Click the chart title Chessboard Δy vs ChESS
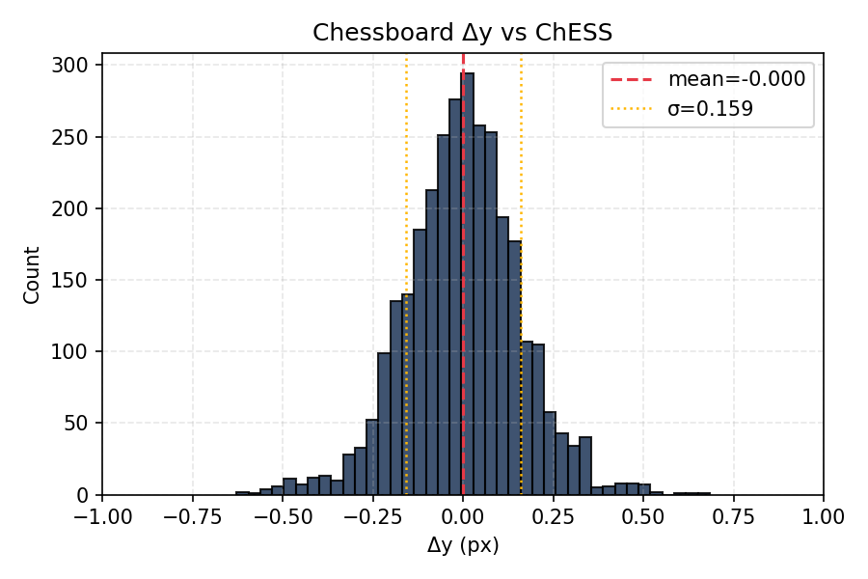click(x=462, y=33)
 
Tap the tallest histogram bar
click(x=468, y=289)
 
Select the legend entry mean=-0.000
click(x=736, y=79)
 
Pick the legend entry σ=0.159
click(x=710, y=109)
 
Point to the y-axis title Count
click(x=33, y=275)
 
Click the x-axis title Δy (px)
click(x=463, y=546)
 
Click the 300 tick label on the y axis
click(x=75, y=66)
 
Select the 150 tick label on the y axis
click(x=75, y=281)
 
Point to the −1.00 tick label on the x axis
click(x=102, y=517)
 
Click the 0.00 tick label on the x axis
click(x=463, y=517)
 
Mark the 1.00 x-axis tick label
click(x=824, y=517)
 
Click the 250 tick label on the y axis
click(x=75, y=137)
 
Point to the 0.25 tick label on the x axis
click(x=554, y=517)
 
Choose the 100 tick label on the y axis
click(x=75, y=352)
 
